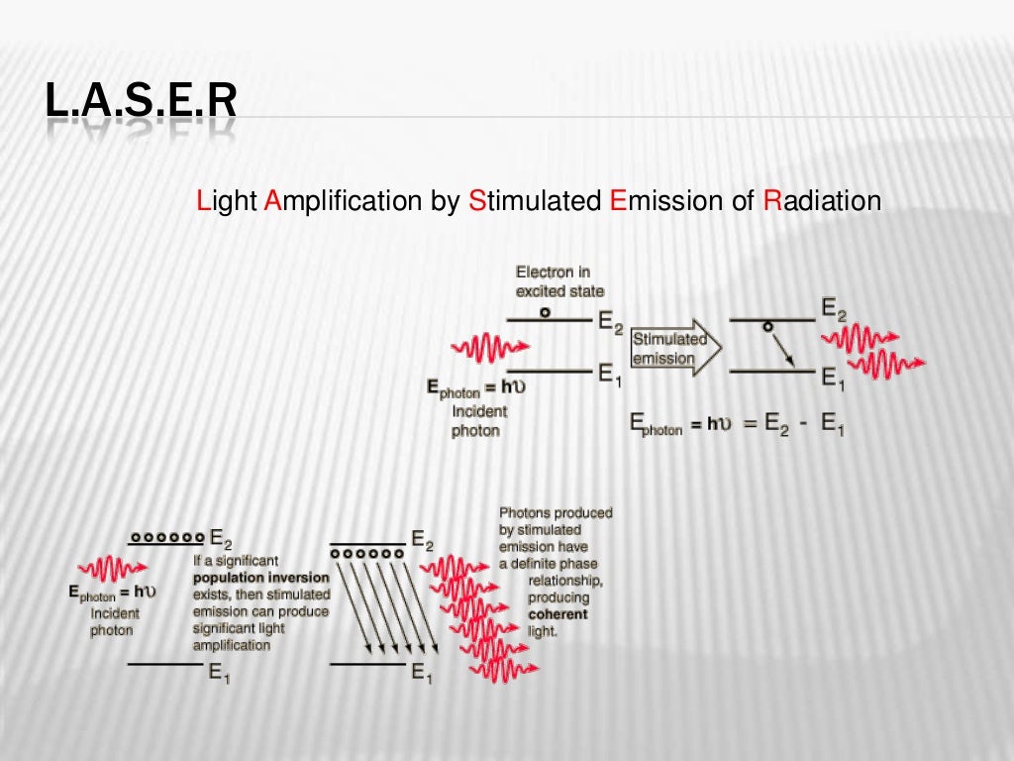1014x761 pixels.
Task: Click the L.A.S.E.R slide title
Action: (142, 102)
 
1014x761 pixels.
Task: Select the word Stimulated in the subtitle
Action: (534, 201)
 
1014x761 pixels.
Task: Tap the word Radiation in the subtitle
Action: (822, 201)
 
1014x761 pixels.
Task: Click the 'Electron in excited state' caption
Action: (559, 281)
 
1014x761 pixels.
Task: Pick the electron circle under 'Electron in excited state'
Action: (545, 312)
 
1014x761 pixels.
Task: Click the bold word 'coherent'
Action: (558, 614)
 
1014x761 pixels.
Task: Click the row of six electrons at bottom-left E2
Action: (166, 537)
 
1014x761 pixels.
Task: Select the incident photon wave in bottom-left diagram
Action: (112, 568)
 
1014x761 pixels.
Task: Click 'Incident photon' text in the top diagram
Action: (477, 421)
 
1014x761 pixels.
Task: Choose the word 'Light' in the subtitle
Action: (227, 201)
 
